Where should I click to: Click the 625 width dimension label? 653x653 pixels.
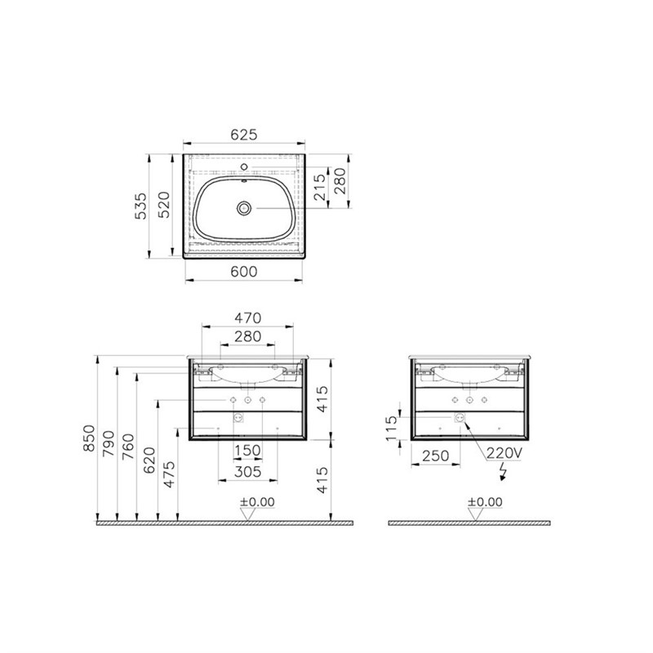coord(244,135)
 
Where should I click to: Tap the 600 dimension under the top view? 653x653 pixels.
coord(244,272)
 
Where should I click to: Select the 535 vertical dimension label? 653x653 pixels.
coord(141,206)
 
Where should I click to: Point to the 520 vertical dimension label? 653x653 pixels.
coord(164,205)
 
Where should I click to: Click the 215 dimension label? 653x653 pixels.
coord(320,187)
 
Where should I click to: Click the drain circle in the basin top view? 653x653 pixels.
coord(244,207)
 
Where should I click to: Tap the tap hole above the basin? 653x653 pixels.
coord(244,167)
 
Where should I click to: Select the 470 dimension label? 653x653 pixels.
coord(248,318)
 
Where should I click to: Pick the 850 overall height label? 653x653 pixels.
coord(89,438)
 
